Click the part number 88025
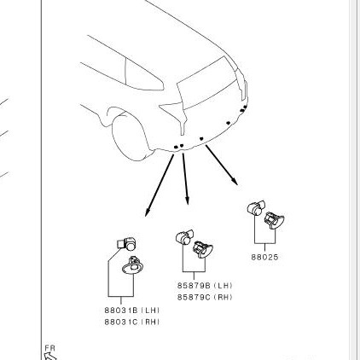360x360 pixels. click(264, 257)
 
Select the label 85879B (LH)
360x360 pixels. click(205, 285)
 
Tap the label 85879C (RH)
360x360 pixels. click(205, 297)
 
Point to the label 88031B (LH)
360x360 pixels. click(132, 310)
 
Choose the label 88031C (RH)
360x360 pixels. click(132, 322)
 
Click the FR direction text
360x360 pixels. click(50, 348)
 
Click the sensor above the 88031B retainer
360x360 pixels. click(127, 243)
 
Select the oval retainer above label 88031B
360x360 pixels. click(133, 266)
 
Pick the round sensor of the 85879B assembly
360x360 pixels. click(184, 238)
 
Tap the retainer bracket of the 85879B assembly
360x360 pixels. click(202, 250)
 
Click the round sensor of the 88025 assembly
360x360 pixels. click(256, 208)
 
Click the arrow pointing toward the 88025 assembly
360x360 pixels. click(222, 165)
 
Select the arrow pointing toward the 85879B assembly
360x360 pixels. click(185, 179)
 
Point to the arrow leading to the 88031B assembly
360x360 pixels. click(160, 185)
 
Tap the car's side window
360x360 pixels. click(144, 74)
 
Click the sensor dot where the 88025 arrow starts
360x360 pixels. click(201, 139)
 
